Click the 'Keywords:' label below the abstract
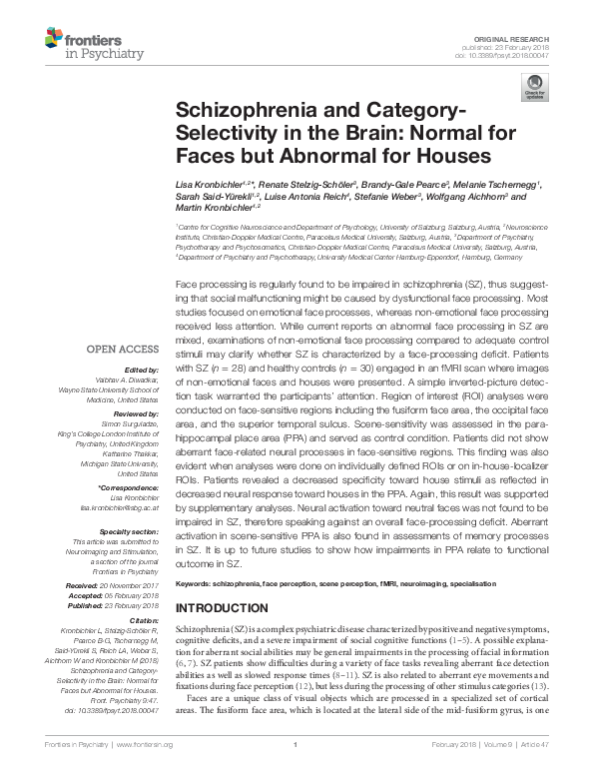tap(196, 582)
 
